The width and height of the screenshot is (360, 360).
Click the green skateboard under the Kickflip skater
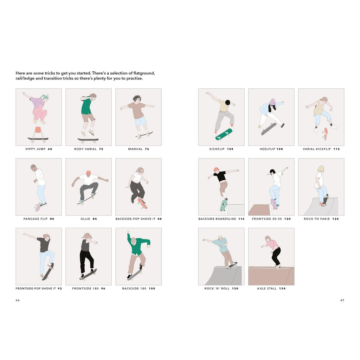coord(224,134)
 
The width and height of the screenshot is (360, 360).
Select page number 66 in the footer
coord(18,300)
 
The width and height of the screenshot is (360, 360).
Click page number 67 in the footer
coord(342,300)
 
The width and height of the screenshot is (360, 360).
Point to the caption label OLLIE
coord(85,219)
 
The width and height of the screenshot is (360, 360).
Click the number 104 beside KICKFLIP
coord(230,149)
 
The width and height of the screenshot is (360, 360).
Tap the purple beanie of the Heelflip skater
coord(272,102)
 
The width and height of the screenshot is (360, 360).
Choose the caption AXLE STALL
coord(267,289)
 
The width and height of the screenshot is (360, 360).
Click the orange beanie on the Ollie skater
coord(88,173)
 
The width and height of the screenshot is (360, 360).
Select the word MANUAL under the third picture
coord(135,149)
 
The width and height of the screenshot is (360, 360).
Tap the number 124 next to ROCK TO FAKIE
coord(335,219)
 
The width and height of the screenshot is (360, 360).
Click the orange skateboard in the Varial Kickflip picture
coord(325,134)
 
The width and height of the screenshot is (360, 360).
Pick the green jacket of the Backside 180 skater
coord(139,245)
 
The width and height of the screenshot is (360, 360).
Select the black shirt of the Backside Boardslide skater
coord(221,176)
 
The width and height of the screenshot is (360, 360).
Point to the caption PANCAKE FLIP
coord(36,219)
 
